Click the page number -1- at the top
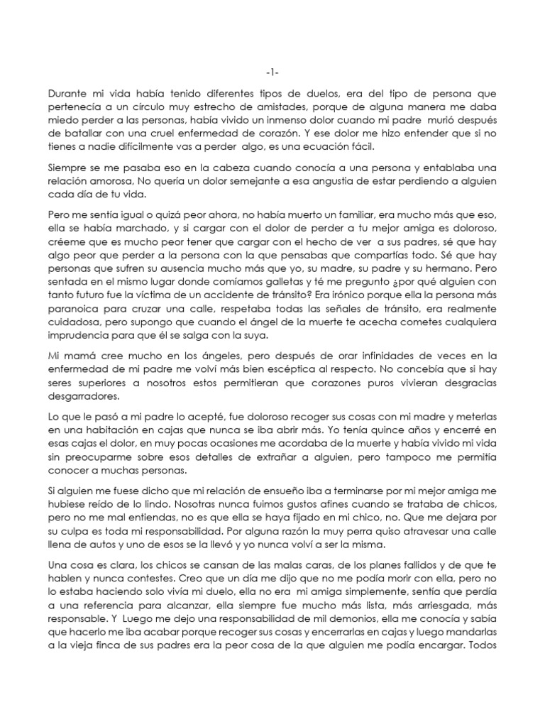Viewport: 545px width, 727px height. pos(272,73)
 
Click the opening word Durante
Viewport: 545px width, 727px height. pos(70,93)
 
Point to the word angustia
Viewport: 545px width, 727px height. pos(294,182)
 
